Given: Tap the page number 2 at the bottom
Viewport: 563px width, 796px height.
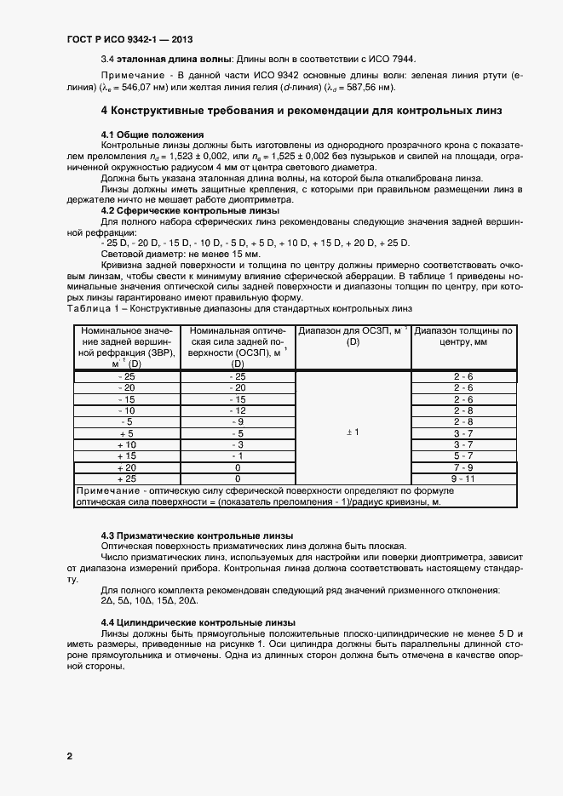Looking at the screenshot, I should coord(69,756).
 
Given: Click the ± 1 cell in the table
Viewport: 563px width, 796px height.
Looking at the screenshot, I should coord(352,432).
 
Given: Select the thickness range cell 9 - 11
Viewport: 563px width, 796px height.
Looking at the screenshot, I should coord(463,479).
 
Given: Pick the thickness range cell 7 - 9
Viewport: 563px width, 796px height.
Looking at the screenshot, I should coord(463,467).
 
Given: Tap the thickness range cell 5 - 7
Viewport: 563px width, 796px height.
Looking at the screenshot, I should coord(463,456).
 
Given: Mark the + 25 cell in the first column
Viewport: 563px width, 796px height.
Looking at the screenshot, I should coord(126,479).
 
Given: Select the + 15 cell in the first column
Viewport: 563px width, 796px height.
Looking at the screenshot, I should coord(126,456).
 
